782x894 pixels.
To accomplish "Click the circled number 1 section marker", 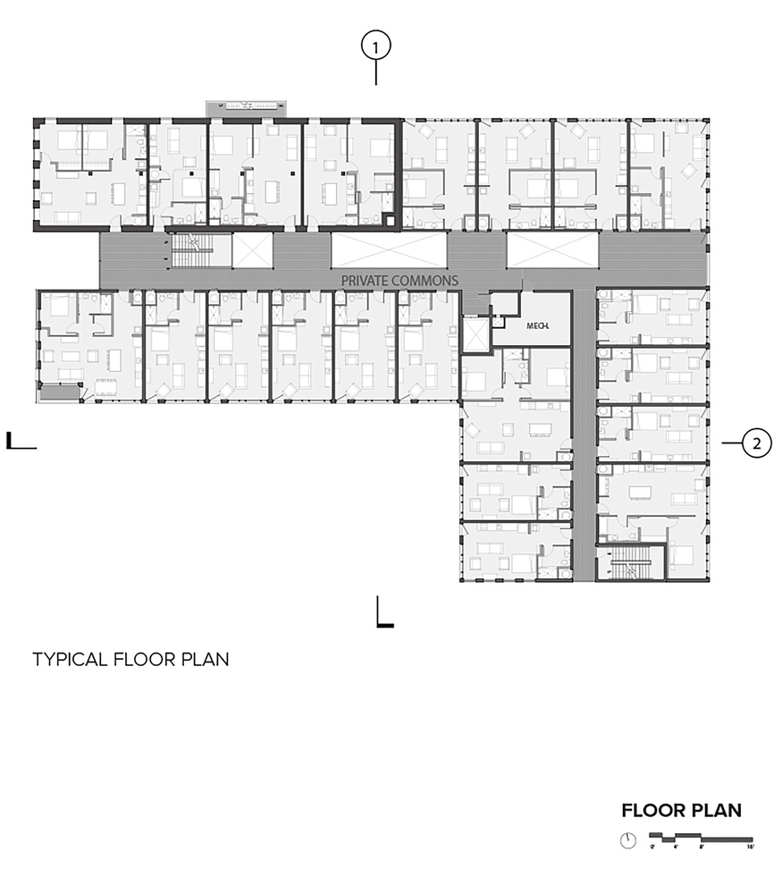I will [376, 45].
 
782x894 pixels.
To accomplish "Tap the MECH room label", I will [535, 325].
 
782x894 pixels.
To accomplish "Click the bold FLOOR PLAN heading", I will [682, 811].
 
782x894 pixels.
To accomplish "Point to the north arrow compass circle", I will [629, 840].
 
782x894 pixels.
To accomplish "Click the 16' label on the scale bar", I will [751, 846].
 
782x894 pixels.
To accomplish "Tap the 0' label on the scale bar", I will [653, 846].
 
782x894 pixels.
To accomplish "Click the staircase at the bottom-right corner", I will [630, 565].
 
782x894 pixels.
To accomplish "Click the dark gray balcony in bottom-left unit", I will [59, 392].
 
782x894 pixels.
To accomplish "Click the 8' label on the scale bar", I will [702, 846].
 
